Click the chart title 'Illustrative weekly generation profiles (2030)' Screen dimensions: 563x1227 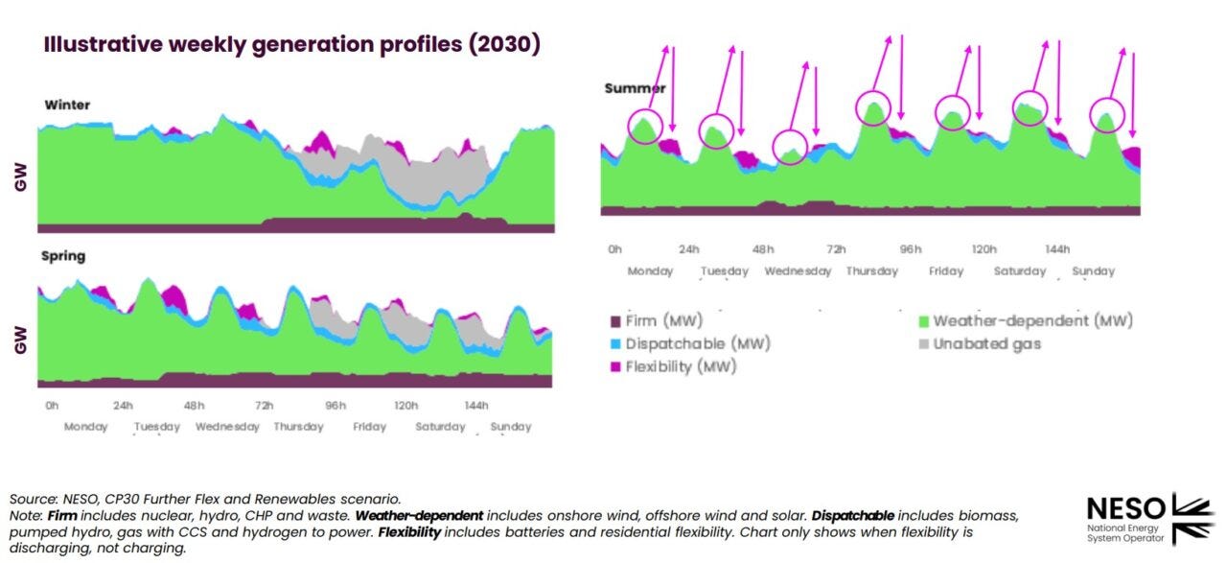click(291, 45)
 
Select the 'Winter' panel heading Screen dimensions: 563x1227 click(67, 105)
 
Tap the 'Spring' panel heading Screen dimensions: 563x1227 click(63, 256)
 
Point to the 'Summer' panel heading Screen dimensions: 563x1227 click(635, 88)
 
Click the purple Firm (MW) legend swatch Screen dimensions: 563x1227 click(615, 321)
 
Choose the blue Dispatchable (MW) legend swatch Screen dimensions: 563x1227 click(615, 343)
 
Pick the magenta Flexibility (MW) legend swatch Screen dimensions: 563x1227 click(615, 366)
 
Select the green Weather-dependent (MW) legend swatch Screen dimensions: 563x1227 click(924, 321)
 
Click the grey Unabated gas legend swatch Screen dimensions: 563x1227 click(924, 343)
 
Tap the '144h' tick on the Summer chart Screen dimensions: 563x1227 click(1056, 249)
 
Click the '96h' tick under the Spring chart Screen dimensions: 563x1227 click(336, 405)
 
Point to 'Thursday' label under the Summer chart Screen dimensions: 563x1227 click(871, 271)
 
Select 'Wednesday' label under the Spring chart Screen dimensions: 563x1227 click(227, 427)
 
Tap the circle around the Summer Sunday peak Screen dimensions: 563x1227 click(1108, 115)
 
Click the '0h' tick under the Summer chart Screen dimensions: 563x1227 click(614, 249)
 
